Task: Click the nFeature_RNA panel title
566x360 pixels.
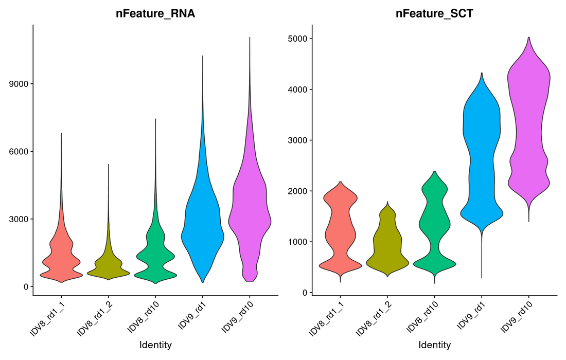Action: tap(155, 14)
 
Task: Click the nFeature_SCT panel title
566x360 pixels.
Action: tap(434, 14)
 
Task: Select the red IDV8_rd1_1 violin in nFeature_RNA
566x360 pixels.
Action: tap(61, 257)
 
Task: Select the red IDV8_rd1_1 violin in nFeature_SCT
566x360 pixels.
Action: tap(340, 231)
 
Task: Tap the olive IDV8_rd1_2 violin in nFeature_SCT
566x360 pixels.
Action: tap(387, 247)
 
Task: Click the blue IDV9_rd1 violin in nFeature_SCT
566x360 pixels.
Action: tap(482, 154)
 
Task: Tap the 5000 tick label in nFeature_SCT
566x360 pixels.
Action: tap(298, 39)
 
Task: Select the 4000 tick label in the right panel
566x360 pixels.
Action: tap(298, 89)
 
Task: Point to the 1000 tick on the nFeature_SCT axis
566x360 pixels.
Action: tap(298, 242)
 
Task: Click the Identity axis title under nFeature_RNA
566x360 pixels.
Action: tap(155, 345)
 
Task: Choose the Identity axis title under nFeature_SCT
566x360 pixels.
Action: tap(434, 345)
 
